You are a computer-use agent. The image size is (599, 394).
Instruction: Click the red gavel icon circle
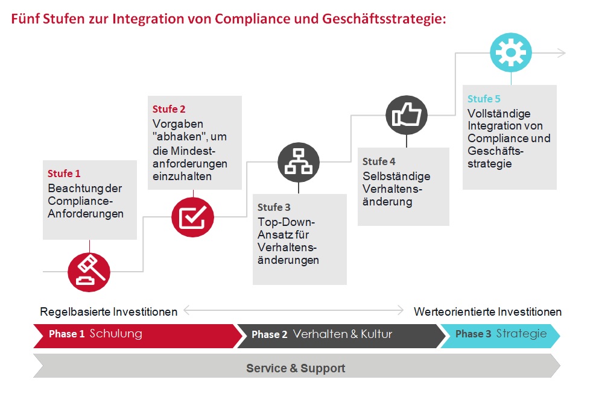[x=89, y=272]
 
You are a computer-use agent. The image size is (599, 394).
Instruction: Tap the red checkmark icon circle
[x=192, y=217]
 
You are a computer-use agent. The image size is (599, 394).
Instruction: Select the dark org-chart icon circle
[x=299, y=162]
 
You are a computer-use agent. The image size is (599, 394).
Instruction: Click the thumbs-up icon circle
[x=407, y=115]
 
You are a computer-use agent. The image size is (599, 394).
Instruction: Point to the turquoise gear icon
[x=511, y=52]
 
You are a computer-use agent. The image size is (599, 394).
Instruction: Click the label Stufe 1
[x=64, y=174]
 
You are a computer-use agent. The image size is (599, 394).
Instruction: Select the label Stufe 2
[x=169, y=109]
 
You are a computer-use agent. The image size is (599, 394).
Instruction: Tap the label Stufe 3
[x=274, y=207]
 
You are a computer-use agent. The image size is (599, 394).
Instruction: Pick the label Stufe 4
[x=379, y=161]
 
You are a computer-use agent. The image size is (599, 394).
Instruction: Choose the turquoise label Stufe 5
[x=484, y=99]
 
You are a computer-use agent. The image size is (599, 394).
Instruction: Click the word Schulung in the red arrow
[x=116, y=333]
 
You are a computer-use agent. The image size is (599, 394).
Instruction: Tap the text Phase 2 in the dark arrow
[x=269, y=334]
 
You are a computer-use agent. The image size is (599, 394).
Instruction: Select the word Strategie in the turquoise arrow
[x=521, y=334]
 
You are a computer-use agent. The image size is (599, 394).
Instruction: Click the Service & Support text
[x=296, y=368]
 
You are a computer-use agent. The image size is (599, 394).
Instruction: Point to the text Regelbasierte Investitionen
[x=109, y=311]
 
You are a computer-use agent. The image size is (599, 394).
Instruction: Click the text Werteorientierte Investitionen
[x=488, y=311]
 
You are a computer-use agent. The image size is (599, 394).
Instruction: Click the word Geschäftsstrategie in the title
[x=384, y=19]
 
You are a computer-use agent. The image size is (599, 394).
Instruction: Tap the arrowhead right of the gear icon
[x=562, y=53]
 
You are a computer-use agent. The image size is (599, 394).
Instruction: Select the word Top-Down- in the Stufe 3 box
[x=286, y=222]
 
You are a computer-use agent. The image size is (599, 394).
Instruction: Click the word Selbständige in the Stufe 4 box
[x=396, y=176]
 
